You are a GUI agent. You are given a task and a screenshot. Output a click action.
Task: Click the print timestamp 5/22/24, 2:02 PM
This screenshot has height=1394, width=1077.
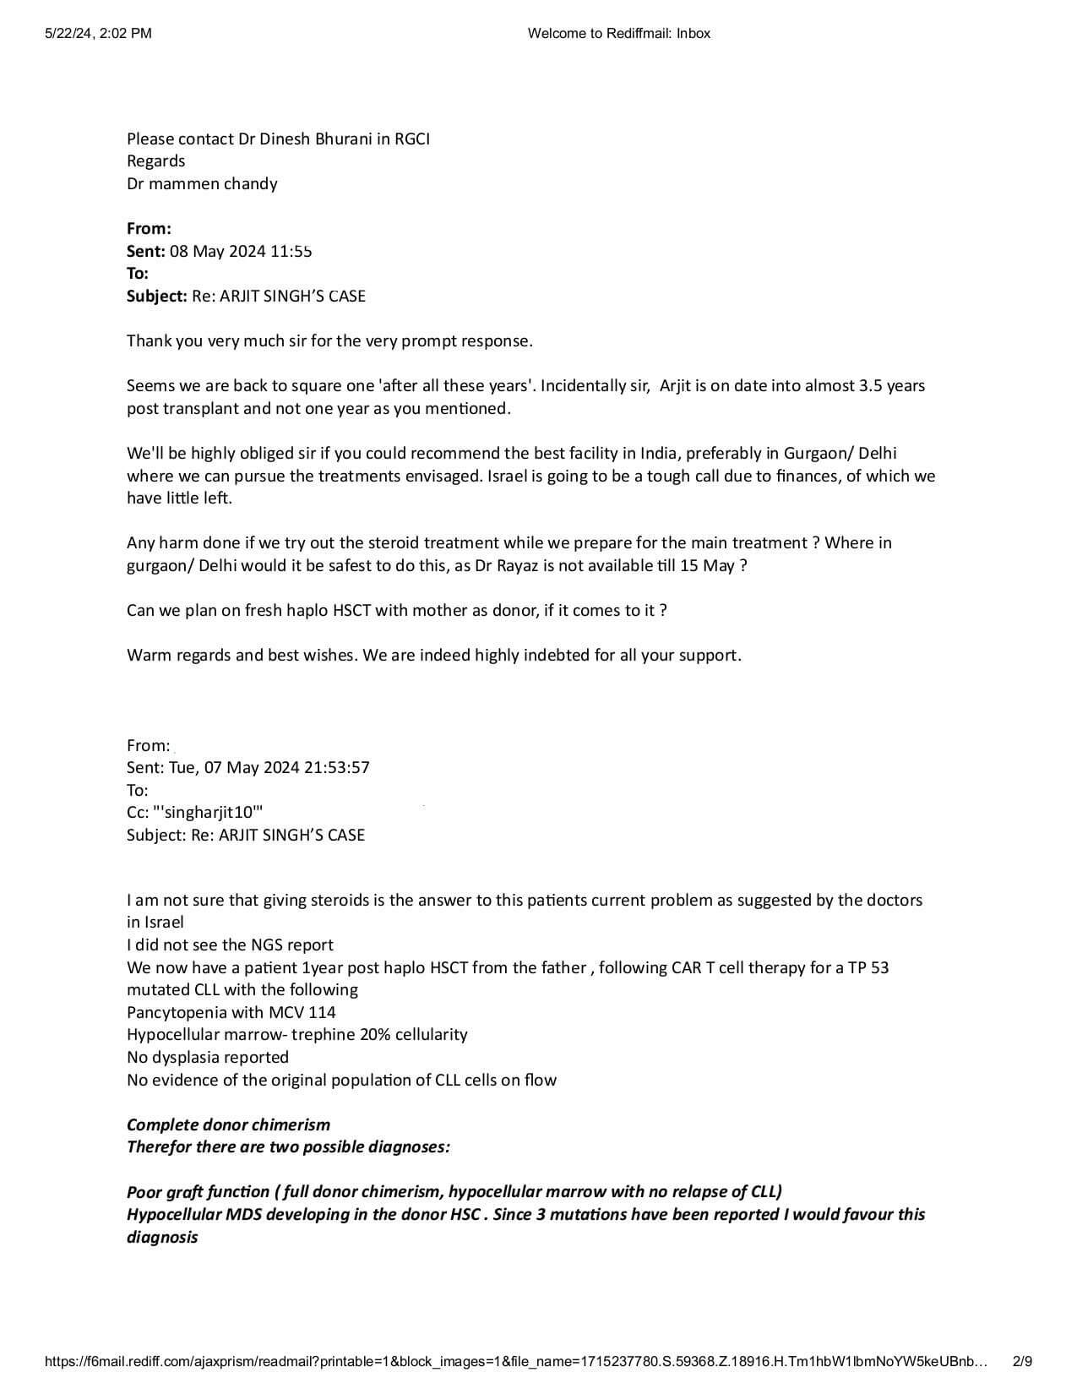click(x=98, y=34)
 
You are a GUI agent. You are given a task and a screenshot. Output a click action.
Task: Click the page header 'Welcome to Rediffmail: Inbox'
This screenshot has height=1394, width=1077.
click(x=618, y=34)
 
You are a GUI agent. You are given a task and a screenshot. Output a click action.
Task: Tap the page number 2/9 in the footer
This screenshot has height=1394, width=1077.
click(x=1022, y=1361)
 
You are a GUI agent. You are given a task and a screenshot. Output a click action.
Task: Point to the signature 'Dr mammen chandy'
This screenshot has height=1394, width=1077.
click(x=202, y=183)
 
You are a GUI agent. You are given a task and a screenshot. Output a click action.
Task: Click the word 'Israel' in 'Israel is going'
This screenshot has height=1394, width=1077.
click(x=509, y=476)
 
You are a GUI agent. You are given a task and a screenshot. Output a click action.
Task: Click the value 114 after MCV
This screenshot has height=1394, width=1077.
click(x=321, y=1012)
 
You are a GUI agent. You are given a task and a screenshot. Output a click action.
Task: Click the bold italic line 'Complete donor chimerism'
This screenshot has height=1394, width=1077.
click(x=228, y=1124)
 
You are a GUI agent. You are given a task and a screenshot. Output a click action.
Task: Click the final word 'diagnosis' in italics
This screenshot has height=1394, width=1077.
click(x=162, y=1237)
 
